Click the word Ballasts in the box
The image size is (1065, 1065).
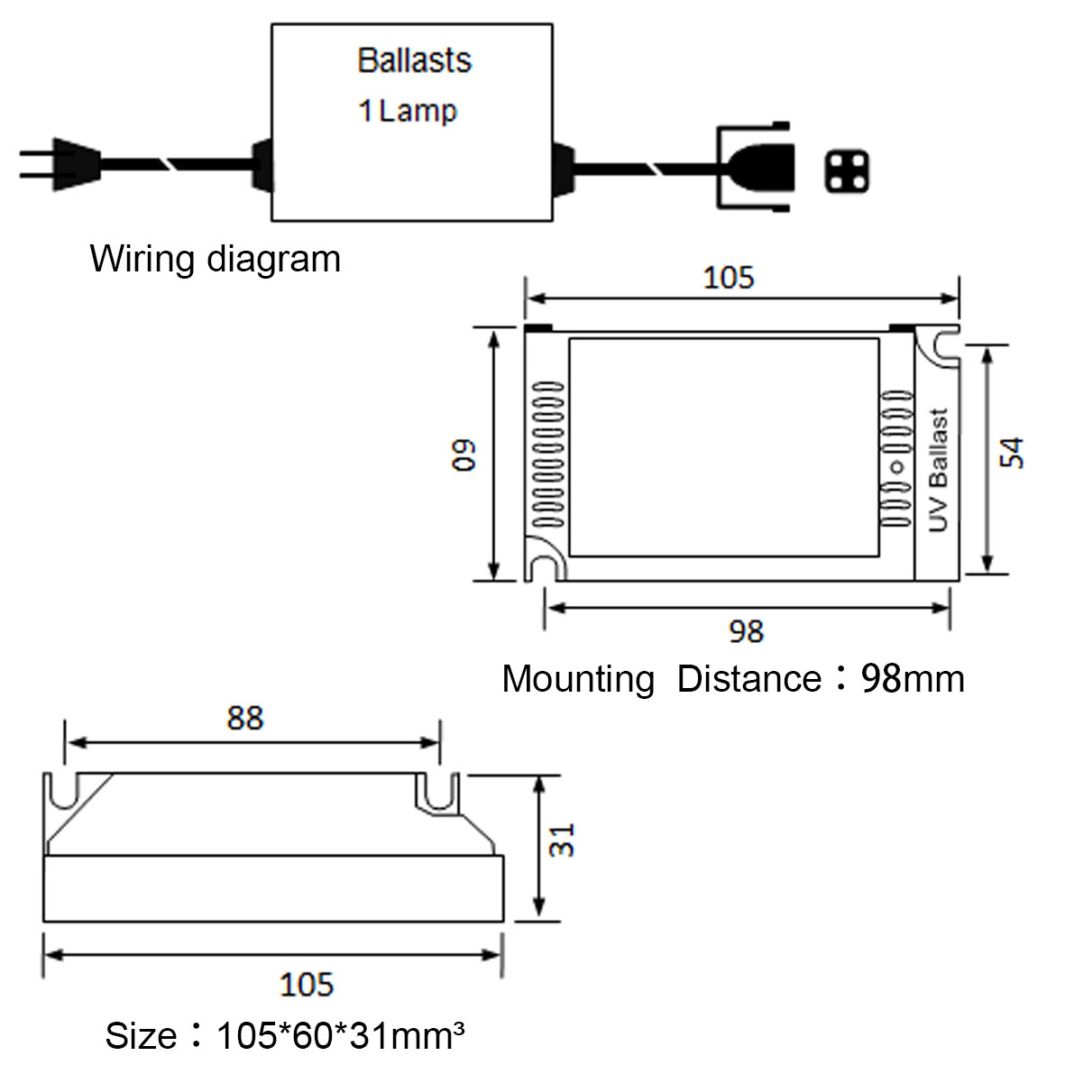[414, 60]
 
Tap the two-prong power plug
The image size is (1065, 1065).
[61, 164]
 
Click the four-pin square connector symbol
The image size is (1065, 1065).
[846, 172]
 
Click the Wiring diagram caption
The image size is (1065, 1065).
[216, 259]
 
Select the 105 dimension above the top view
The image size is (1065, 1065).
[728, 278]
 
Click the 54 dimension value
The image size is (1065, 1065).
[1011, 453]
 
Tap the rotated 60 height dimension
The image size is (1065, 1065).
[464, 455]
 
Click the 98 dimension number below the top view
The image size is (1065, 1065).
[747, 631]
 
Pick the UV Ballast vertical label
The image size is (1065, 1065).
[937, 470]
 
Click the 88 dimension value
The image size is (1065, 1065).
[245, 718]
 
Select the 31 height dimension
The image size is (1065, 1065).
[563, 840]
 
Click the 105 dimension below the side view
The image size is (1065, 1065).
[307, 984]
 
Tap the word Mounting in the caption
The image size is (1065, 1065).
[578, 679]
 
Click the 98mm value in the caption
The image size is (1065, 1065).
[913, 678]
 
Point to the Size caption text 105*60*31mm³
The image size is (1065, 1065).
[340, 1035]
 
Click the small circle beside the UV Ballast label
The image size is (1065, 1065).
[897, 466]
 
